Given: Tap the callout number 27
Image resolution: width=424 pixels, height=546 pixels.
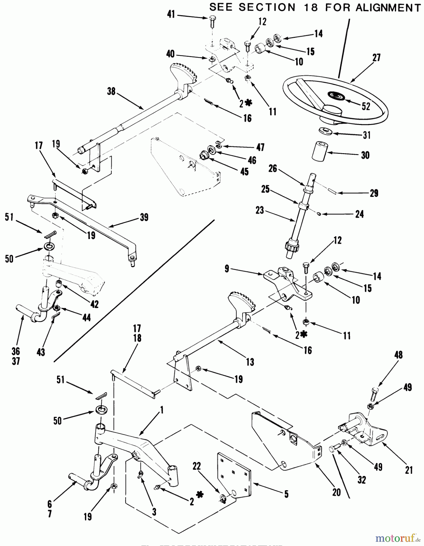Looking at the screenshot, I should [376, 58].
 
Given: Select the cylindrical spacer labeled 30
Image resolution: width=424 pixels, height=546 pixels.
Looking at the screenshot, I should [320, 151].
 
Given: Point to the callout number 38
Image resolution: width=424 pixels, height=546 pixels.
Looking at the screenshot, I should [111, 91].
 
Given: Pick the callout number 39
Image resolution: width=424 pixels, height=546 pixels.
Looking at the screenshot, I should [144, 217].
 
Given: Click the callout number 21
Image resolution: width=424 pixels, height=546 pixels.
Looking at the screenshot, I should [409, 470].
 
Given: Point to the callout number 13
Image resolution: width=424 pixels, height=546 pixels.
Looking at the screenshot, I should [250, 362].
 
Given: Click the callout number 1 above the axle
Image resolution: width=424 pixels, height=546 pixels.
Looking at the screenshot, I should [162, 410].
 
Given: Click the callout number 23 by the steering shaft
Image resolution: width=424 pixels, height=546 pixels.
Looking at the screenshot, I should [260, 210].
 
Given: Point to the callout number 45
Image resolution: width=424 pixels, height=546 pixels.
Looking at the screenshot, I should [244, 171].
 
